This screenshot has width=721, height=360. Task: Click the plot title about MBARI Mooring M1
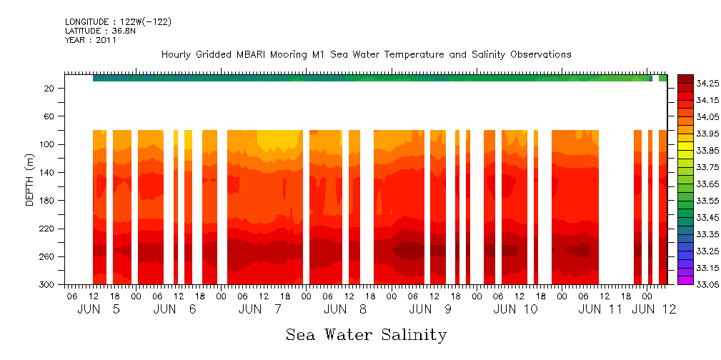pos(366,55)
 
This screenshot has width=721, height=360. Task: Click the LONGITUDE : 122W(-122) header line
pos(118,22)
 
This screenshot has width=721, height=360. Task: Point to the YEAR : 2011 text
pos(91,41)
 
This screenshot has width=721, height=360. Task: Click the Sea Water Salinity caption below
pos(366,335)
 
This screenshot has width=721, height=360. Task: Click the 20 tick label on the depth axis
pos(50,89)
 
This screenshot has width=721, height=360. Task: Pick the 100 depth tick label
pos(47,145)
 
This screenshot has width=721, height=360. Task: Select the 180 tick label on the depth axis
pos(47,201)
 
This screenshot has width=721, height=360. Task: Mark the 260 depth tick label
pos(47,257)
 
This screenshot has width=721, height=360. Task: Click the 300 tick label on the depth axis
pos(47,285)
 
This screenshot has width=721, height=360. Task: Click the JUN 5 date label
pos(99,310)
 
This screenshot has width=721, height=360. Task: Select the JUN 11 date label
pos(600,310)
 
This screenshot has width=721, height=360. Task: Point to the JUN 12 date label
pos(655,310)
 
